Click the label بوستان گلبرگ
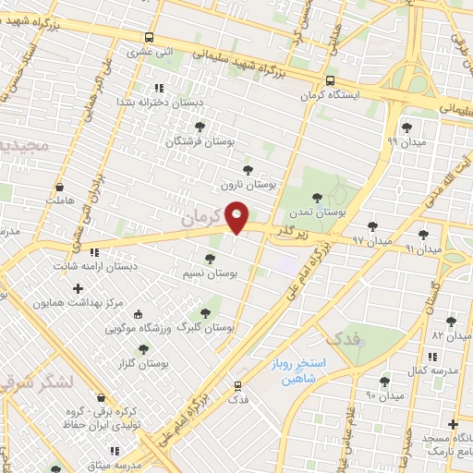coord(204,328)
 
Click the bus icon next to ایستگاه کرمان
coord(331,80)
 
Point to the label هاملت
coord(58,200)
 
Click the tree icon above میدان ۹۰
coord(384,382)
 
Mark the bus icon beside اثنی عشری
coord(149,38)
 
